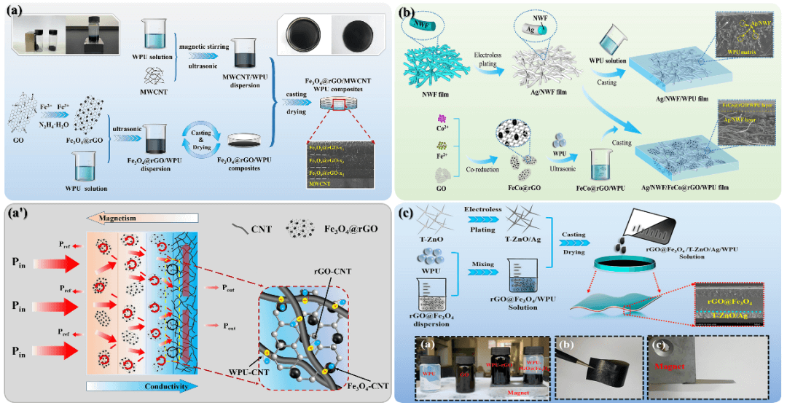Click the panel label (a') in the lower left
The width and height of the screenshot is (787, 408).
(x=20, y=216)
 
